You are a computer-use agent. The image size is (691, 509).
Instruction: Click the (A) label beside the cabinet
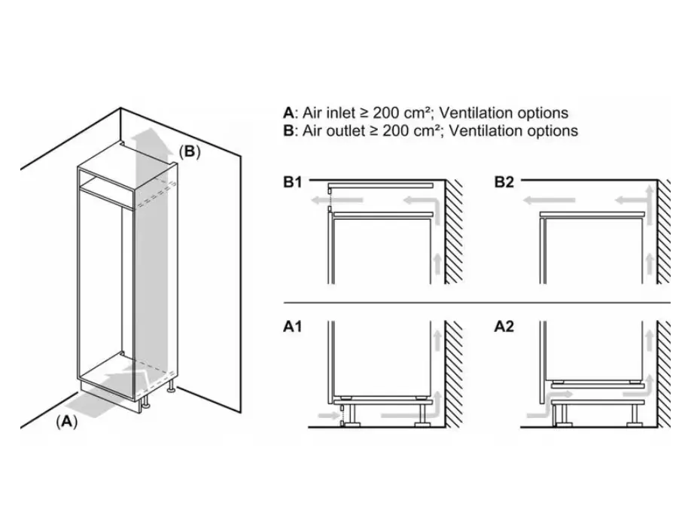point(67,422)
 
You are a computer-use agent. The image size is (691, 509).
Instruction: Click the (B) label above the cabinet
point(190,151)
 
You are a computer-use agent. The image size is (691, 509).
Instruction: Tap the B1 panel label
point(294,182)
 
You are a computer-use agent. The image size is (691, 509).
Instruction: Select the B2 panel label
point(505,182)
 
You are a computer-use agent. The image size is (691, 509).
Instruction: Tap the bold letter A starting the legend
point(288,113)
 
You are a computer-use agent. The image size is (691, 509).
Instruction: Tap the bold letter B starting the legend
point(288,131)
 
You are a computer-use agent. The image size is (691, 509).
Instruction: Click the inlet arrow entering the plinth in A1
point(328,415)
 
